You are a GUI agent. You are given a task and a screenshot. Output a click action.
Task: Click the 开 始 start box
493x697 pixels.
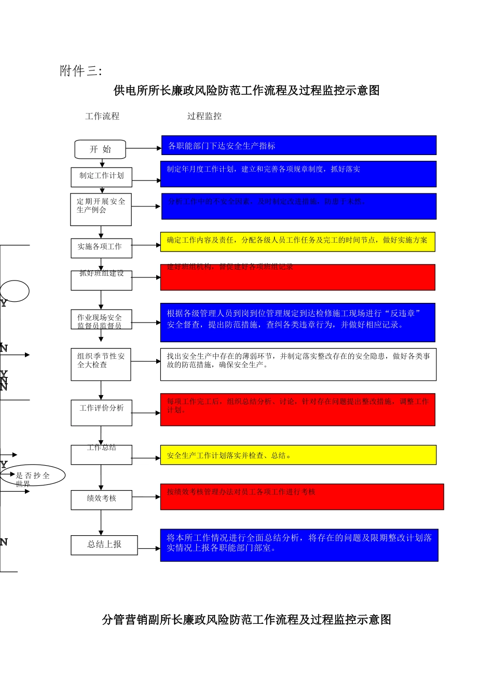coord(100,149)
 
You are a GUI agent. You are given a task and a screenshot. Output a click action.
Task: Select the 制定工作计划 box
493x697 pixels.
coord(101,177)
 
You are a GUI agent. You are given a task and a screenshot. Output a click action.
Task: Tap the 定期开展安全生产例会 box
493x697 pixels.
coord(101,210)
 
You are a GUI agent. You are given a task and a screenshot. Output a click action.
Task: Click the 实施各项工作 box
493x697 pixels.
coord(101,248)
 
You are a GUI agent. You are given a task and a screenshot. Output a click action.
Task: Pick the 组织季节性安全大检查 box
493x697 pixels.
coord(101,364)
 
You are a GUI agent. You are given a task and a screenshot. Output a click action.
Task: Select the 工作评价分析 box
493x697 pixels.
coord(101,412)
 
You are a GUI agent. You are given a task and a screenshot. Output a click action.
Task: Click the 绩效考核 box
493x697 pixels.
coord(101,499)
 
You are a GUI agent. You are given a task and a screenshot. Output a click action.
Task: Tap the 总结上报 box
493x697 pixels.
coord(104,545)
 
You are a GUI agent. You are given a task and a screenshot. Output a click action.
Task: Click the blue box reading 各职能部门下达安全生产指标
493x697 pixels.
coord(298,146)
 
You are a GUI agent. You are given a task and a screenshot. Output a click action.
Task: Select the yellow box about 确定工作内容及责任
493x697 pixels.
coord(297,242)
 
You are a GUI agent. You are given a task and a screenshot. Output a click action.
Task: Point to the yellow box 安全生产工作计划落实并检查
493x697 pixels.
coord(298,455)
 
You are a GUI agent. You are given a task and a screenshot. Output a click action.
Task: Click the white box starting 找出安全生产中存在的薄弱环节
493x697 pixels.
coord(298,364)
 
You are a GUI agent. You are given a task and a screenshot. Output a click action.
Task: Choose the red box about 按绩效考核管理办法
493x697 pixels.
coord(302,497)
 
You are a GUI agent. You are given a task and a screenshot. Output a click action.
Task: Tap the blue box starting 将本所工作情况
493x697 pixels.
coord(299,545)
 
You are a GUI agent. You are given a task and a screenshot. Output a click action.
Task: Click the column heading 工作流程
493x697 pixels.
coord(102,116)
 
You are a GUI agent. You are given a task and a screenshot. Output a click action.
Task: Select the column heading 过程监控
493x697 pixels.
coord(204,116)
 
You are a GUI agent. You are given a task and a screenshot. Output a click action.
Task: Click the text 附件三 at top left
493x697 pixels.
coord(80,71)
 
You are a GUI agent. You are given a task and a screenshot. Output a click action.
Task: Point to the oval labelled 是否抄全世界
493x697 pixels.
coord(34,475)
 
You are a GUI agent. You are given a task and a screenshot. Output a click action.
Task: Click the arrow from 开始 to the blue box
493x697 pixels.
coord(143,148)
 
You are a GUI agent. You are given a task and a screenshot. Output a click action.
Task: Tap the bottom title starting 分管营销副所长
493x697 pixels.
coord(246,620)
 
